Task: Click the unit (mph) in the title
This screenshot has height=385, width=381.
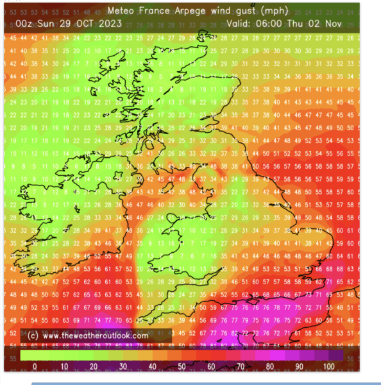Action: pos(277,11)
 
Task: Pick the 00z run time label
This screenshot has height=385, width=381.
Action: pos(25,24)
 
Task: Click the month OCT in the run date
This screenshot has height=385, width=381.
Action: pos(81,24)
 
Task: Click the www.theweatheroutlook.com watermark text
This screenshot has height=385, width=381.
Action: pos(96,336)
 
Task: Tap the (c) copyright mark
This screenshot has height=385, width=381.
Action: pos(32,336)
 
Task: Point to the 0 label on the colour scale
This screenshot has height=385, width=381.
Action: pos(35,366)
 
